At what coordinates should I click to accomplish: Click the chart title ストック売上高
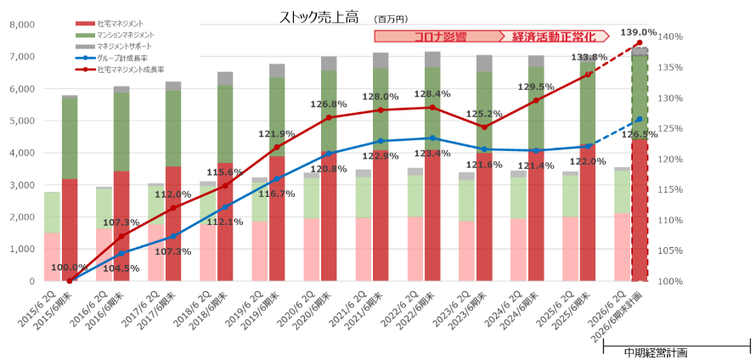coord(313,17)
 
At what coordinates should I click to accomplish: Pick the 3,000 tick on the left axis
coord(20,184)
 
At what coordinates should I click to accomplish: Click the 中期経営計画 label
coord(656,352)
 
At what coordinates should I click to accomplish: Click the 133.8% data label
coord(589,58)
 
